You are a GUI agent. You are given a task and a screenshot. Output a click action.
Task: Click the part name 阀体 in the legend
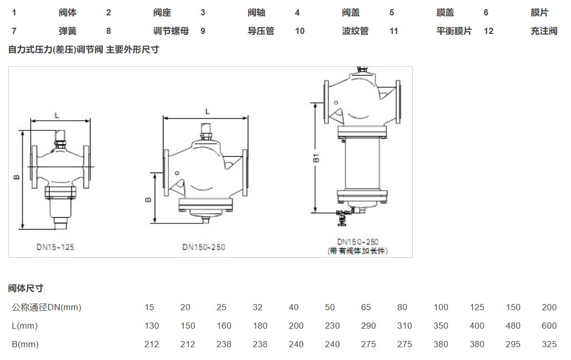(67, 13)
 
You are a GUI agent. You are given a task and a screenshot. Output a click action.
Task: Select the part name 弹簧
(67, 31)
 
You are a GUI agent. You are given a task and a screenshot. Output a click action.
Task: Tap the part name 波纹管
(355, 31)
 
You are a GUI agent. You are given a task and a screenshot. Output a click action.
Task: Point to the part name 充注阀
(544, 31)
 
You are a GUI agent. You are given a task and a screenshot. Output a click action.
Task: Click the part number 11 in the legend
(394, 31)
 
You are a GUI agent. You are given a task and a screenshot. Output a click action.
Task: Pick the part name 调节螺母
(171, 31)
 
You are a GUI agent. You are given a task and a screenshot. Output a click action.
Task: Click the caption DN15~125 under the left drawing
(55, 247)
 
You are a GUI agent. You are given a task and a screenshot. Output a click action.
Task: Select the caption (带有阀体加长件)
(358, 251)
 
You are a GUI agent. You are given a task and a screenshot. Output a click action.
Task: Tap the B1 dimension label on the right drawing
(317, 157)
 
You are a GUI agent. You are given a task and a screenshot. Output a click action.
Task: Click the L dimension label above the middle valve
(208, 111)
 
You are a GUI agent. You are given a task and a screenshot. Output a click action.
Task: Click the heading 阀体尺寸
(25, 289)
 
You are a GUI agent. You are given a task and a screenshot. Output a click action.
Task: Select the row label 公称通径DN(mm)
(46, 308)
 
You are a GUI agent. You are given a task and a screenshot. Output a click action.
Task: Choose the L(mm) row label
(25, 326)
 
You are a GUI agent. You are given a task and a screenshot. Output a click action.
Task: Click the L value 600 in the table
(549, 326)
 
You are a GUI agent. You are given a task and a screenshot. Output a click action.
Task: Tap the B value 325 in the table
(549, 345)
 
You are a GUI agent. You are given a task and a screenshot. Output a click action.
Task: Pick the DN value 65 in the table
(366, 308)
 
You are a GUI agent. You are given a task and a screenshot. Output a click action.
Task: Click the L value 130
(152, 326)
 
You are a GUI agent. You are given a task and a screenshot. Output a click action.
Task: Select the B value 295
(513, 345)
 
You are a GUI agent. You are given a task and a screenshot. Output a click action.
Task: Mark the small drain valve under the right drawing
(341, 218)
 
